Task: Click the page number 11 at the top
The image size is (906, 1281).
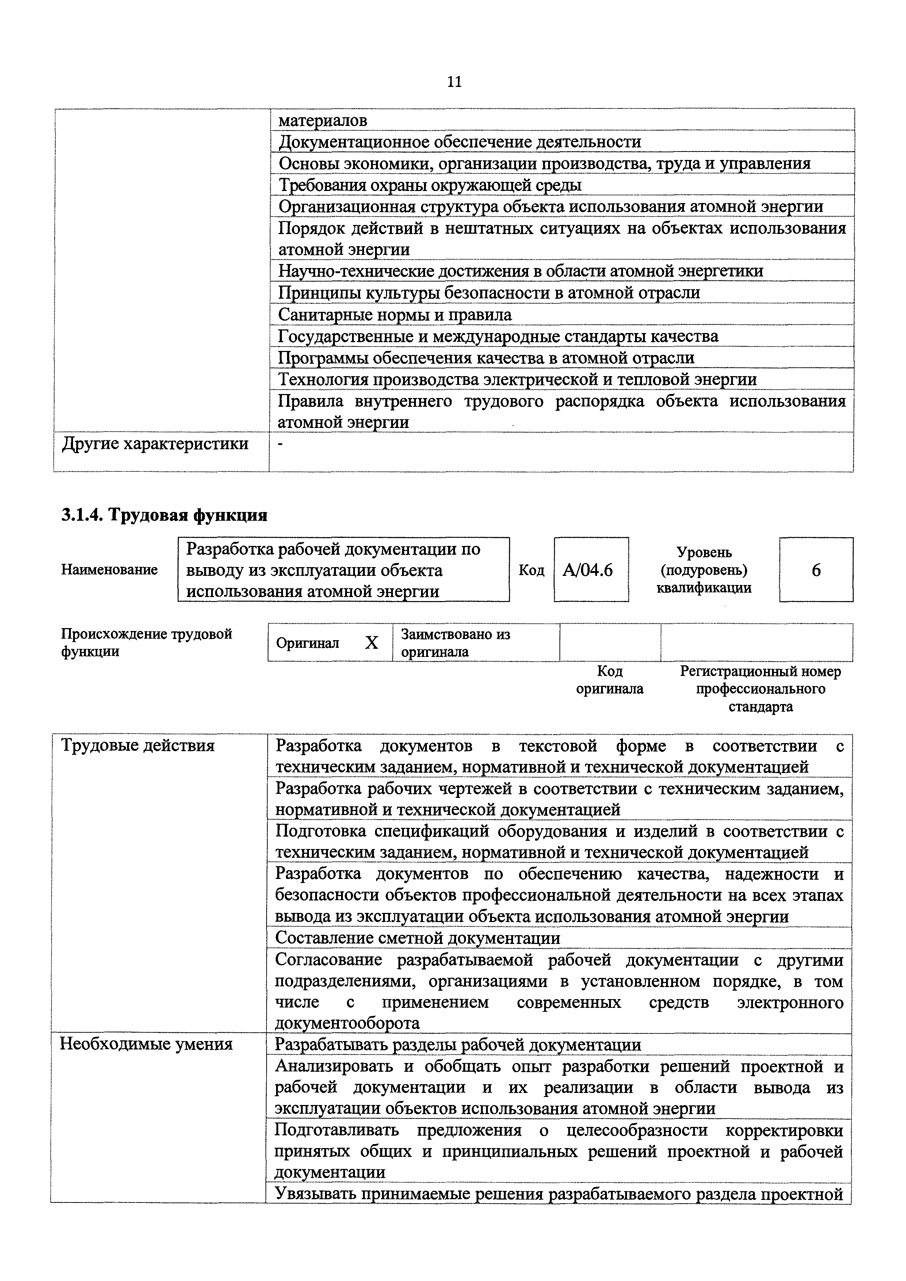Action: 454,82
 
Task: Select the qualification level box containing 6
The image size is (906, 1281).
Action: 816,570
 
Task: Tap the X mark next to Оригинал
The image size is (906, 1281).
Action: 371,643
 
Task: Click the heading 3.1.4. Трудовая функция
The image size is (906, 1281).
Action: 164,515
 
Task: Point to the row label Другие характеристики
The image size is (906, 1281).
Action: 155,444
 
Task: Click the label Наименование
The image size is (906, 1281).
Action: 109,570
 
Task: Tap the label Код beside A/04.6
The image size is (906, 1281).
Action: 531,570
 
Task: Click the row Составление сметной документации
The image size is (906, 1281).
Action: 418,938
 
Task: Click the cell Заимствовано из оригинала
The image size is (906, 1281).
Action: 455,643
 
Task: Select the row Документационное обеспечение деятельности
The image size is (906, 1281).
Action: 460,142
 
